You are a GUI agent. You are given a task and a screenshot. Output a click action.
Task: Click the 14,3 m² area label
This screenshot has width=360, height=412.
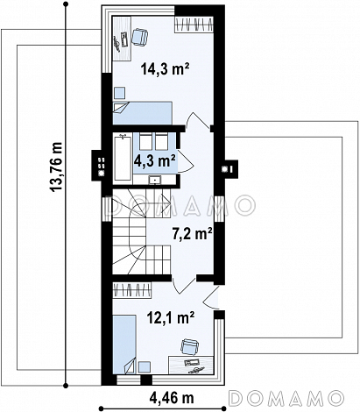[x=166, y=69]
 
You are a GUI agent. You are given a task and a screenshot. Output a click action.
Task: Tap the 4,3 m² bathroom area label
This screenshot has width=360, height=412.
[x=155, y=160]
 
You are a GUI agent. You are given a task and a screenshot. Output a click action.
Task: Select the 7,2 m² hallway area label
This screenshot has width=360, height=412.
[x=192, y=234]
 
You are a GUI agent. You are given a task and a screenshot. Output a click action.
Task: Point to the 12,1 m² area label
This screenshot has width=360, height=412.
[x=171, y=317]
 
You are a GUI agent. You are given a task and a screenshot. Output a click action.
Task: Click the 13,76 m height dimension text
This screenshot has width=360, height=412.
[x=57, y=167]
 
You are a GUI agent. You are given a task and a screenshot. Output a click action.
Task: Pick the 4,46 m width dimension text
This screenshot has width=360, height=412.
[x=172, y=397]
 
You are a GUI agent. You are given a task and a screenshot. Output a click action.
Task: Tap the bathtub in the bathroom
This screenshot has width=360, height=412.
[x=123, y=158]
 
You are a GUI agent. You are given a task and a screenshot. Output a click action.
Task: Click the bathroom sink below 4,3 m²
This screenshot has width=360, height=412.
[x=154, y=181]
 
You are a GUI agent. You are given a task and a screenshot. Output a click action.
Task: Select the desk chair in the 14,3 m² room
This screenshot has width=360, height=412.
[x=139, y=37]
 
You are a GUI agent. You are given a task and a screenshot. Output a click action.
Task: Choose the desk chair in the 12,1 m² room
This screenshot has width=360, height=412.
[x=189, y=347]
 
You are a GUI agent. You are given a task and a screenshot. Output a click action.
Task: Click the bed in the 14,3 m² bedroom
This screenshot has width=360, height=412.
[x=142, y=113]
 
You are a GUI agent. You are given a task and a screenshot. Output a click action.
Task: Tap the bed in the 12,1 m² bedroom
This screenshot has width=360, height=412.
[x=124, y=345]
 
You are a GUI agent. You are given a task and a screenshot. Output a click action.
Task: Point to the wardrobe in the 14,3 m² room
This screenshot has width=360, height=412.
[x=194, y=25]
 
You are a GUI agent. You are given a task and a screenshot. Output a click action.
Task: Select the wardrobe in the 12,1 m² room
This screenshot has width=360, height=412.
[x=132, y=290]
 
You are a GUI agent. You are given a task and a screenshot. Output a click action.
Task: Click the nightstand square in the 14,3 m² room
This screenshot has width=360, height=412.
[x=119, y=93]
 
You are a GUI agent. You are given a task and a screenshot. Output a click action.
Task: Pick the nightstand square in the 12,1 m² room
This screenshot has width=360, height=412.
[x=145, y=367]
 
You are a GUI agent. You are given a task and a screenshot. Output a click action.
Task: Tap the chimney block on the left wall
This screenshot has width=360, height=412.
[x=99, y=165]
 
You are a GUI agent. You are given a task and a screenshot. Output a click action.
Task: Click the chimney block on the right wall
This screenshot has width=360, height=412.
[x=229, y=169]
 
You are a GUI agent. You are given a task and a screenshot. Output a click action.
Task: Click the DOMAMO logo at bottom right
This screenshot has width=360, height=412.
[x=286, y=398]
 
